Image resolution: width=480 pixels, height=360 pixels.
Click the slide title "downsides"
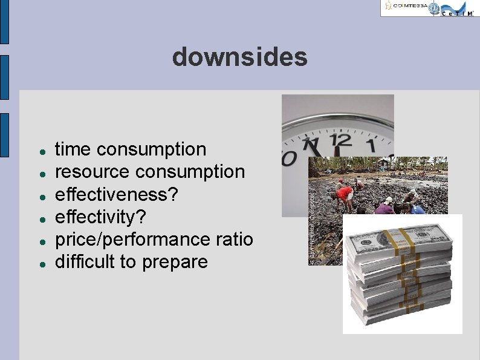click(x=239, y=57)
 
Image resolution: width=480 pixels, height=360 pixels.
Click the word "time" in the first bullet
click(x=74, y=149)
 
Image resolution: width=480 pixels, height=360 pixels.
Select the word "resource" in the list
click(x=92, y=172)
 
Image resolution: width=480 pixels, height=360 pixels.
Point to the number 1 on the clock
click(x=371, y=145)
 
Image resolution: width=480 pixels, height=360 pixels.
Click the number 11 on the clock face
click(x=311, y=146)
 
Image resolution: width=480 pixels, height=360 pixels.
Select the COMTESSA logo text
click(x=410, y=7)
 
